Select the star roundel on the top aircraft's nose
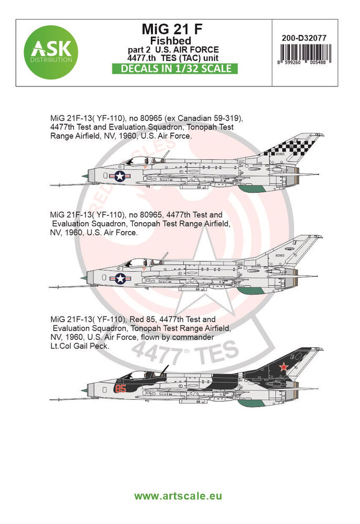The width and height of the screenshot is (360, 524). (120, 176)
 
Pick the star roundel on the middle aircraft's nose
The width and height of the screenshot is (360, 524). (120, 279)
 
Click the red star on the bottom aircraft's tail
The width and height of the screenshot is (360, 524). (283, 366)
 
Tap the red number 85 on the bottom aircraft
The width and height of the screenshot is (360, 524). (121, 389)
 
